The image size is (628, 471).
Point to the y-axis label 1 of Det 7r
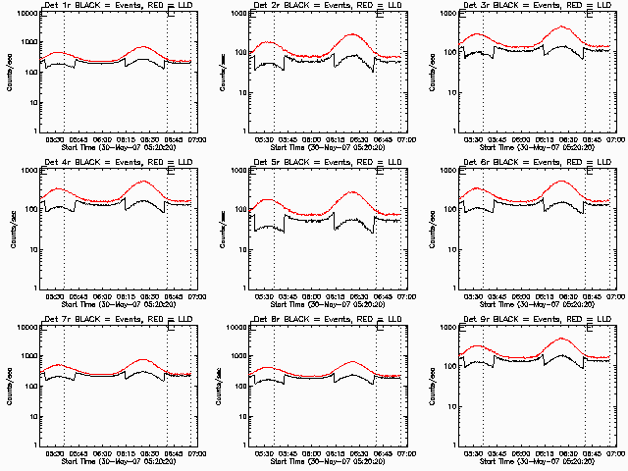pyautogui.click(x=33, y=446)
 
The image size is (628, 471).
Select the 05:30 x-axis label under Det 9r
pyautogui.click(x=475, y=455)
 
